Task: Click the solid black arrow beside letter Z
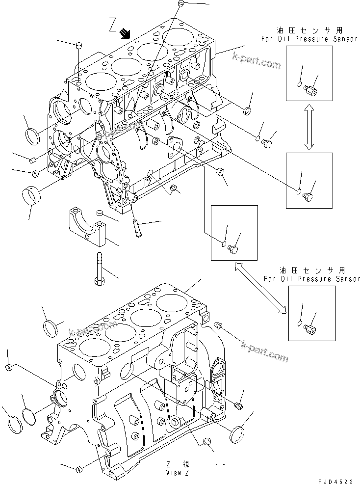click(126, 33)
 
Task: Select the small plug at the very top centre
click(180, 4)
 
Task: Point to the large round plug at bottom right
click(237, 434)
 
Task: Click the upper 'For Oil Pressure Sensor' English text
click(309, 39)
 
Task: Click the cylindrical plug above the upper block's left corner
click(78, 46)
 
